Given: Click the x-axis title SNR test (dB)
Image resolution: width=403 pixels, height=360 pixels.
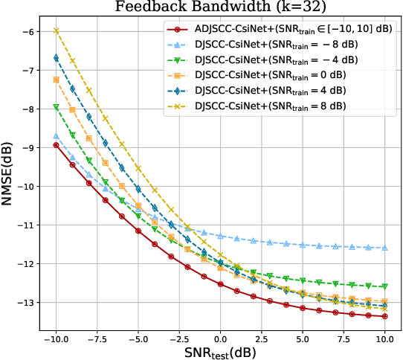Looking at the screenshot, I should pyautogui.click(x=220, y=350).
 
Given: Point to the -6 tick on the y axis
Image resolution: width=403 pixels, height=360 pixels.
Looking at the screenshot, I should pyautogui.click(x=27, y=32).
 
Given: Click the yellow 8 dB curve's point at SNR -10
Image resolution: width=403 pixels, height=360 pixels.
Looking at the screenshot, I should pyautogui.click(x=56, y=30).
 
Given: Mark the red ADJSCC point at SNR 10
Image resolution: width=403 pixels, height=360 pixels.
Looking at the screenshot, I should pyautogui.click(x=384, y=316).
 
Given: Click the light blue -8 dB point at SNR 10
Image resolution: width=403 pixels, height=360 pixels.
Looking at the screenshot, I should pyautogui.click(x=384, y=248).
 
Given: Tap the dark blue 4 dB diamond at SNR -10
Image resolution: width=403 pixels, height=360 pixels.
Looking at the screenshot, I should pyautogui.click(x=56, y=57).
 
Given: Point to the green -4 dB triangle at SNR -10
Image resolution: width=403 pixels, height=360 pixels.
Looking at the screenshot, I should pyautogui.click(x=56, y=107).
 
